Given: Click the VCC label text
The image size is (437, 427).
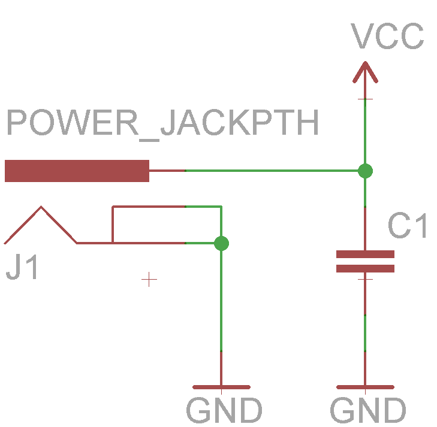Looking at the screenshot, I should click(x=388, y=37).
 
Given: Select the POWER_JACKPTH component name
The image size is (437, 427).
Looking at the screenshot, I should click(x=162, y=124).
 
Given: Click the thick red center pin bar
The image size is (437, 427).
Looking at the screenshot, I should click(x=77, y=171).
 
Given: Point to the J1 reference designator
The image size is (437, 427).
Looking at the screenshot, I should click(x=23, y=268).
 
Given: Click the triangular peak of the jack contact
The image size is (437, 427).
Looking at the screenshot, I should click(x=41, y=208).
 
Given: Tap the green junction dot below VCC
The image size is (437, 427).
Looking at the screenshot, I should click(x=365, y=171).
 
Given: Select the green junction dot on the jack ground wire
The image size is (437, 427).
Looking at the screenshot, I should click(x=221, y=243).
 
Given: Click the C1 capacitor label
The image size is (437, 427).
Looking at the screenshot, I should click(x=408, y=226).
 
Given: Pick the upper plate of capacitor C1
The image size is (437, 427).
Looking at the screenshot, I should click(x=365, y=254).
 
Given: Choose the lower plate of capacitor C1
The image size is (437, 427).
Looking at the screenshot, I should click(x=365, y=268).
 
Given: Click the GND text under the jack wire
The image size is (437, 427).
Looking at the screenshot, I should click(x=224, y=411).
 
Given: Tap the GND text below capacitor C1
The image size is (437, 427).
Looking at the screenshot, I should click(x=368, y=411).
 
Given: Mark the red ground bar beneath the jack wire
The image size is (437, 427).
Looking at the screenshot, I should click(x=221, y=387).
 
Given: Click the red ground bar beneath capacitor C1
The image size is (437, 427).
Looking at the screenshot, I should click(x=365, y=387).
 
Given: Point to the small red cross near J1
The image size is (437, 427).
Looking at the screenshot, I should click(x=149, y=279).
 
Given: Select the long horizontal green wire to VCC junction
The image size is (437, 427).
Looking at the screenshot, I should click(x=270, y=171).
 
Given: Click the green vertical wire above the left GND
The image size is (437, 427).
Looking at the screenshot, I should click(x=221, y=299).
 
